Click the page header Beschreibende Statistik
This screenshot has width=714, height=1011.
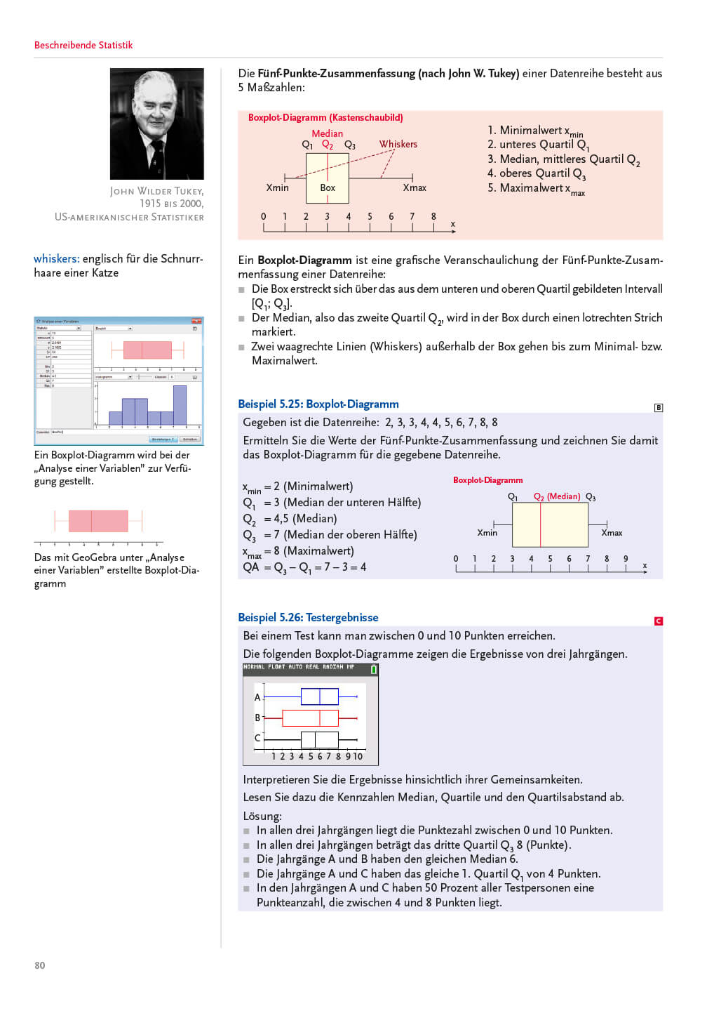tap(83, 45)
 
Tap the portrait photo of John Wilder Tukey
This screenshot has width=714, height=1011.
tap(156, 124)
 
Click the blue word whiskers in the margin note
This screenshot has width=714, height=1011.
tap(55, 258)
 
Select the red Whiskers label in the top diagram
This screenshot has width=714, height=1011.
tap(398, 144)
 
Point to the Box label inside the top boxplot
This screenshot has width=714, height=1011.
tap(328, 187)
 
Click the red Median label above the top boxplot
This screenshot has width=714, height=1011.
tap(327, 133)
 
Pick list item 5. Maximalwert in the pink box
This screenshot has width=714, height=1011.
tap(536, 188)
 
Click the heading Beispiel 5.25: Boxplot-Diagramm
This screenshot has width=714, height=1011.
tap(318, 404)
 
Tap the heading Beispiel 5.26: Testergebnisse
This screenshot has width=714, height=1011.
tap(308, 617)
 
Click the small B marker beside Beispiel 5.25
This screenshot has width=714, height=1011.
tap(658, 407)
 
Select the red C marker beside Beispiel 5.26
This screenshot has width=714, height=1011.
tap(658, 621)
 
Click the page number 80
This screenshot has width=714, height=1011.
tap(40, 965)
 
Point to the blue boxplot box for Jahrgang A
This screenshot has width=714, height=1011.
tap(319, 696)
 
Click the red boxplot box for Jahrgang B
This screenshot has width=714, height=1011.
tap(310, 718)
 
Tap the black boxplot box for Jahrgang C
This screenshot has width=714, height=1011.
tap(319, 739)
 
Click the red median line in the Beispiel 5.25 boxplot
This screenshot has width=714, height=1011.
tap(540, 524)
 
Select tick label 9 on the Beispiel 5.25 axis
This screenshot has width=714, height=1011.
tap(626, 559)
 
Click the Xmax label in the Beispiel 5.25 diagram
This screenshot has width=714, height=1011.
tap(612, 533)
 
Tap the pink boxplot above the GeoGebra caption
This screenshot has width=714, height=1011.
tap(98, 521)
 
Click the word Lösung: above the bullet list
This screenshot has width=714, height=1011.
tap(262, 816)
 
